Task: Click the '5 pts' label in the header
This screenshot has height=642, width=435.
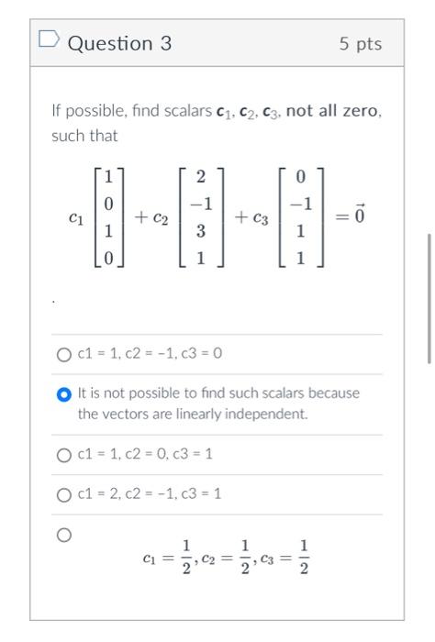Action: coord(361,44)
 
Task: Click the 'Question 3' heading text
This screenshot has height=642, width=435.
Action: coord(119,43)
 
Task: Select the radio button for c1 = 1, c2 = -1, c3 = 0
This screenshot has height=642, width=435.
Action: coord(63,354)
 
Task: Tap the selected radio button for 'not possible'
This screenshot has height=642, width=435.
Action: coord(63,393)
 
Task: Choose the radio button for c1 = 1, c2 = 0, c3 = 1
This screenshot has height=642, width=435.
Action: coord(63,454)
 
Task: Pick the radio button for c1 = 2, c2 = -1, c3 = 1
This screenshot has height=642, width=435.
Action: coord(63,493)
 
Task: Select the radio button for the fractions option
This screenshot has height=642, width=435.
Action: coord(63,534)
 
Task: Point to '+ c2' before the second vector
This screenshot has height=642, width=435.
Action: coord(152,218)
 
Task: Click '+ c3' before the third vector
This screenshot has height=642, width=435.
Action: coord(251,218)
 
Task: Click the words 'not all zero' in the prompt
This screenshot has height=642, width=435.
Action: coord(333,112)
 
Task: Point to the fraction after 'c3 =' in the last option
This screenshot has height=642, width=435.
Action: coord(305,558)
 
